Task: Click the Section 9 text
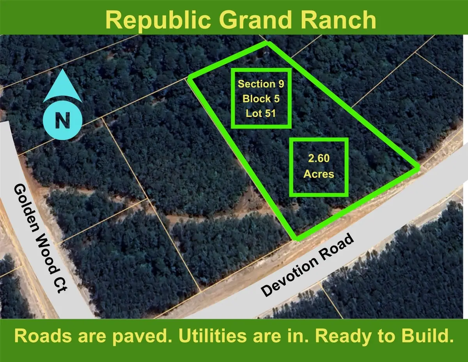tap(261, 84)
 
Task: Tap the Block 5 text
tap(261, 98)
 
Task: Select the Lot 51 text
tap(261, 113)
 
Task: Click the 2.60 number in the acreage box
tap(319, 159)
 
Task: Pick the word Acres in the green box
tap(319, 174)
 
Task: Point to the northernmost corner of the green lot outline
tap(268, 44)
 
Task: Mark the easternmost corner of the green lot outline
tap(417, 168)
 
